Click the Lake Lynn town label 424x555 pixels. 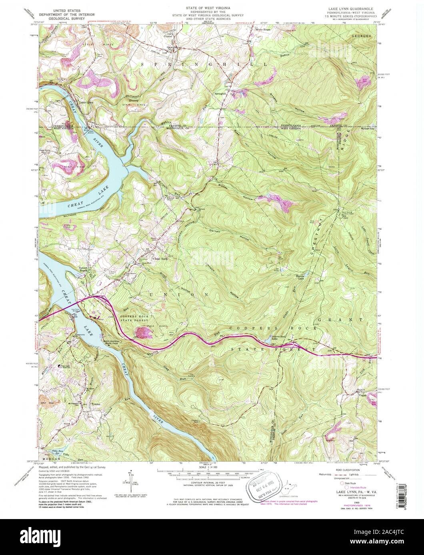click(x=86, y=103)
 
